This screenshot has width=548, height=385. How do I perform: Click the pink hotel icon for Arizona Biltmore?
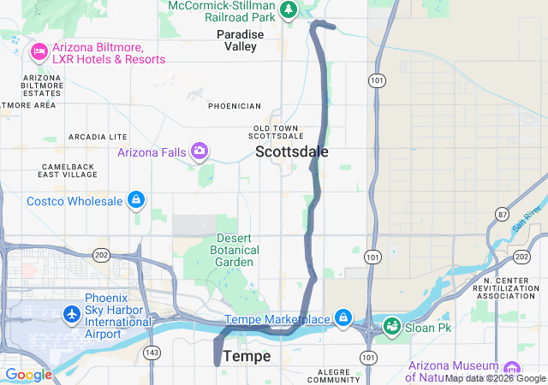39,52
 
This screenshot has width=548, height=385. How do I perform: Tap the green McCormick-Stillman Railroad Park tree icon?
289,9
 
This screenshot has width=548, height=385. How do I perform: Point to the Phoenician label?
234,106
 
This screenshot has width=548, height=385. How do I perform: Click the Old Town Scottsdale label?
277,132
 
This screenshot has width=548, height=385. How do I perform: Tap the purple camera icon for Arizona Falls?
200,151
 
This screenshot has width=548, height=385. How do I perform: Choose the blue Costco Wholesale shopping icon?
134,201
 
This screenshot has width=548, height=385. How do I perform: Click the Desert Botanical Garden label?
234,250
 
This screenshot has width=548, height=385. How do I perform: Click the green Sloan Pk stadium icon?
391,326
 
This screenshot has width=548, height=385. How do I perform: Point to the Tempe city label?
247,356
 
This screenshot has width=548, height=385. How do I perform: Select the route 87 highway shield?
501,212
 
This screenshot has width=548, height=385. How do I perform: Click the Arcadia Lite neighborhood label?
98,137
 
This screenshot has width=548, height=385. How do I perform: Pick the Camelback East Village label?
68,169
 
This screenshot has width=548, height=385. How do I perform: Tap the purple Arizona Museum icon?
511,368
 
